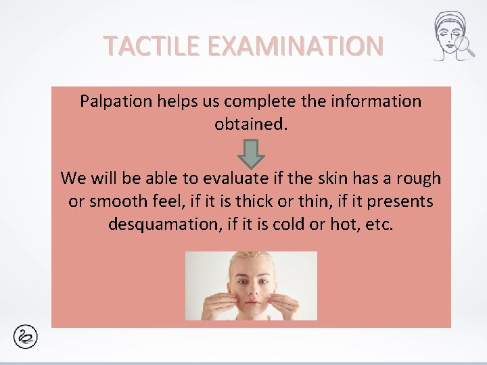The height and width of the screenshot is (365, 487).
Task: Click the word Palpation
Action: pyautogui.click(x=111, y=102)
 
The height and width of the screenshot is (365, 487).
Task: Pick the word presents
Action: pyautogui.click(x=402, y=201)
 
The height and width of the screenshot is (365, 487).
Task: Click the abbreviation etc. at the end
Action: pyautogui.click(x=379, y=224)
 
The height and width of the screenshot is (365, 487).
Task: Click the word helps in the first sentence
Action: pyautogui.click(x=167, y=102)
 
